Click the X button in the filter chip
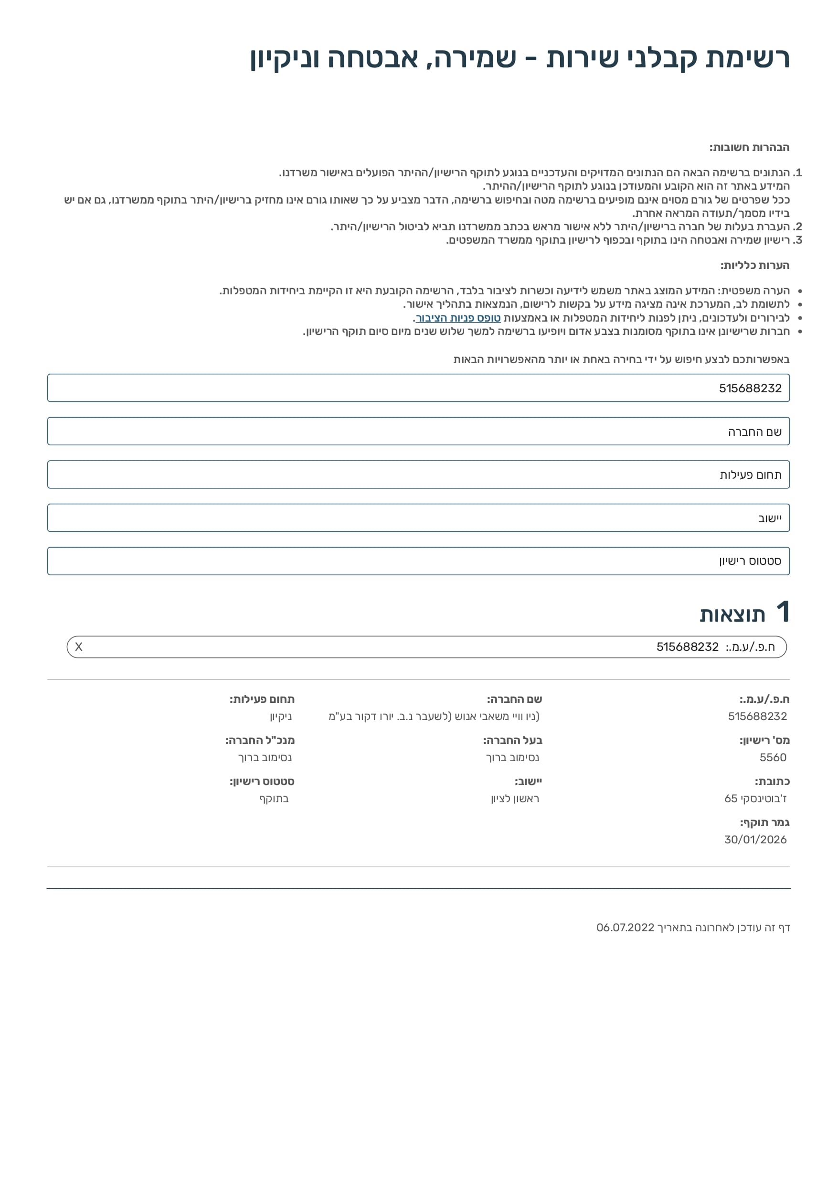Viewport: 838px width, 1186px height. point(78,647)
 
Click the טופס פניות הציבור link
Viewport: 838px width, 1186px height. point(458,318)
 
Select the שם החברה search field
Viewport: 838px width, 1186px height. point(418,431)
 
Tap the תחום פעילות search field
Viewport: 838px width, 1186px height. point(418,474)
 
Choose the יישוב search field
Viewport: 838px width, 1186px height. point(418,518)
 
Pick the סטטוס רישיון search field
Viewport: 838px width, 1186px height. point(418,561)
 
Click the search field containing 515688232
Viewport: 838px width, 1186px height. point(418,388)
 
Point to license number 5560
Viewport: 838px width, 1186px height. point(773,757)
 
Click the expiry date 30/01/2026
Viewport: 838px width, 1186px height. point(755,840)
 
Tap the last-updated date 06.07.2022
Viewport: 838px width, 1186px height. point(625,927)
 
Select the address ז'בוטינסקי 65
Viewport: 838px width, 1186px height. point(755,798)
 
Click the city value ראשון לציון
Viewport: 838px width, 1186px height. point(515,798)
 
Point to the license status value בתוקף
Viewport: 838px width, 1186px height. point(274,798)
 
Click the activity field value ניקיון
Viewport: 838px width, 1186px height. point(281,716)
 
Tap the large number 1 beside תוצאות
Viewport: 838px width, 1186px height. point(783,612)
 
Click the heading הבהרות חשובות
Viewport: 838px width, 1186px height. point(749,148)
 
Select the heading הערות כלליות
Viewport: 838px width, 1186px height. point(755,266)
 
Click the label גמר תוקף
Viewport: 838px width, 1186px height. point(764,822)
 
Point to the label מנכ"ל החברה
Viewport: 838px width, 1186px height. point(260,740)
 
